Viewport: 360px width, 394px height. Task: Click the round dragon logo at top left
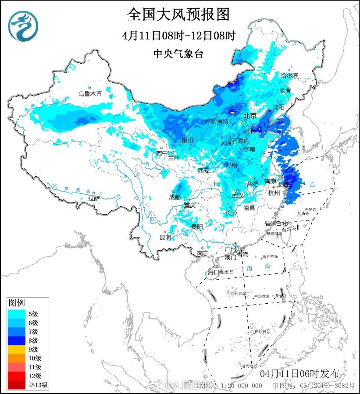tap(23, 25)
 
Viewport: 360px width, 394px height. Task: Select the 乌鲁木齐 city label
tap(90, 93)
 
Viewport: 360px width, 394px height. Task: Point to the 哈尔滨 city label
tap(289, 76)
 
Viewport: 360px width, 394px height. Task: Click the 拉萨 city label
tap(94, 199)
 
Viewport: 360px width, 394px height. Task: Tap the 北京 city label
tap(250, 116)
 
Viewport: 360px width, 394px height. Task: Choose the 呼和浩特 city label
tap(217, 122)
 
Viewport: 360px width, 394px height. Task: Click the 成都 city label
tap(175, 197)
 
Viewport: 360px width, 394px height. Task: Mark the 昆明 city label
tap(165, 237)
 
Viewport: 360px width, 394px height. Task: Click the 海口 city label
tap(213, 272)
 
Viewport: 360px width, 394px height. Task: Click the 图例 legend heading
tap(17, 303)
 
